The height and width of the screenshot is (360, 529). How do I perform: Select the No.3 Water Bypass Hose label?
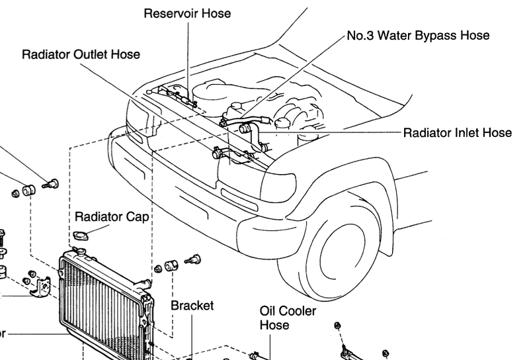click(x=418, y=34)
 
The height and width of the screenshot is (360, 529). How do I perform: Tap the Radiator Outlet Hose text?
click(x=81, y=54)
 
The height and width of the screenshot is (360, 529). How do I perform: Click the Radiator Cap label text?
click(x=111, y=216)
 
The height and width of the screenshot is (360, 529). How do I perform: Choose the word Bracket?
click(x=192, y=306)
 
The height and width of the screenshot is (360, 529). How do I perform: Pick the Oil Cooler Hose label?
click(x=288, y=318)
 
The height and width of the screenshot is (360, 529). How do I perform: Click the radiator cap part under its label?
click(x=81, y=234)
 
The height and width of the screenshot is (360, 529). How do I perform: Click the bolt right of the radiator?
click(x=194, y=260)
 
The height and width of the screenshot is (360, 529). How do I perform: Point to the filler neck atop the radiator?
click(x=80, y=253)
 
